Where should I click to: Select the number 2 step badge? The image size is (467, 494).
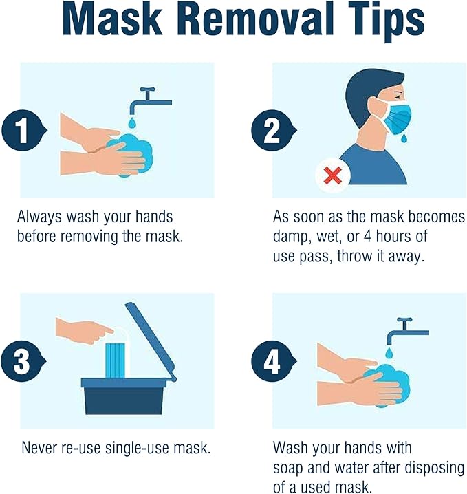(x=273, y=130)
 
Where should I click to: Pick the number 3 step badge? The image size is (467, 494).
(x=23, y=361)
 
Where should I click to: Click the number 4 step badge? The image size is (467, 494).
(x=273, y=361)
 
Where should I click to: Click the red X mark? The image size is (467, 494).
(x=333, y=176)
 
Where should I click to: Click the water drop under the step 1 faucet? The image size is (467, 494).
(x=133, y=122)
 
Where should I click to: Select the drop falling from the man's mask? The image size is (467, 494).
(x=404, y=138)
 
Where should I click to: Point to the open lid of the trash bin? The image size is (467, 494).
(x=151, y=341)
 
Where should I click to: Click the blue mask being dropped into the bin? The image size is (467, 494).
(x=116, y=360)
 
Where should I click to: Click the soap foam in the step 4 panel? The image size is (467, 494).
(x=388, y=385)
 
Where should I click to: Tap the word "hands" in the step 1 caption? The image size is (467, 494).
(x=154, y=217)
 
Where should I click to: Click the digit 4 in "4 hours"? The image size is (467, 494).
(x=367, y=236)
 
